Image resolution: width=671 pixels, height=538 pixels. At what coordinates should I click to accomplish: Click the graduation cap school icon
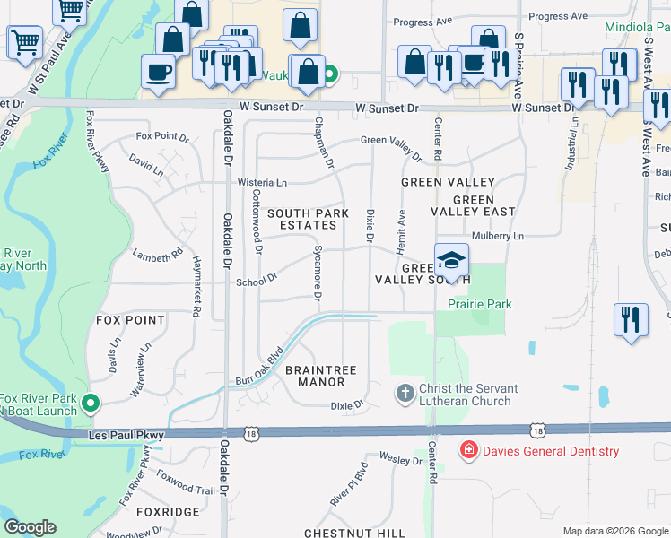(x=452, y=261)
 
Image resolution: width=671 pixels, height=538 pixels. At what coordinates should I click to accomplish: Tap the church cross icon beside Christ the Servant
(x=405, y=393)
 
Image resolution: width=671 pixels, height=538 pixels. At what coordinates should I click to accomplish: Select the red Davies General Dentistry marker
(x=467, y=450)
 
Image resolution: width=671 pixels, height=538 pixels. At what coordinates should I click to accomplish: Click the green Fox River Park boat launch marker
(x=89, y=404)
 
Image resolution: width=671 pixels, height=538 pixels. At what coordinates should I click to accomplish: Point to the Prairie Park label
(x=480, y=304)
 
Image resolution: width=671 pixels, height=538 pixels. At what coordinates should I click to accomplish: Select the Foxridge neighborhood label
(x=168, y=511)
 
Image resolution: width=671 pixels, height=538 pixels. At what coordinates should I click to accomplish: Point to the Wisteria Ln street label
(x=261, y=182)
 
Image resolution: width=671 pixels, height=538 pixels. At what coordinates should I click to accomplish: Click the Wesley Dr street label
(x=400, y=460)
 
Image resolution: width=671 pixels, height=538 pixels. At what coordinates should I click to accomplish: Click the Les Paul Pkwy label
(x=126, y=435)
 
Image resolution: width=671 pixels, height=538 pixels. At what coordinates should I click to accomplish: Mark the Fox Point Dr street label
(x=162, y=137)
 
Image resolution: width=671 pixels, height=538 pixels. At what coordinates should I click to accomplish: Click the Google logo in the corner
(x=30, y=527)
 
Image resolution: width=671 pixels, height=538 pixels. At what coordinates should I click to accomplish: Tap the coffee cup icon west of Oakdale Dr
(x=158, y=71)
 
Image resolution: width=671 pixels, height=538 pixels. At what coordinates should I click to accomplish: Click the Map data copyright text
(x=614, y=531)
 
